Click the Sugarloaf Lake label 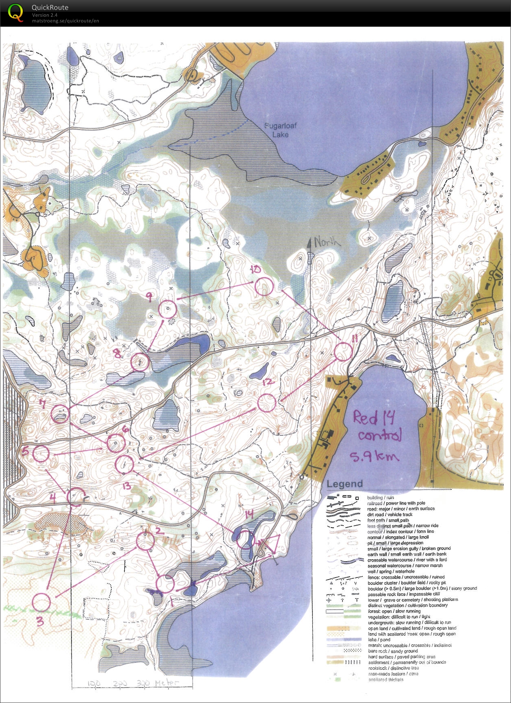pos(280,130)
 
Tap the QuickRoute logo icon pos(15,13)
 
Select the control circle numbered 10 pos(264,286)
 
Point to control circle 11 pos(343,352)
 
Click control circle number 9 pos(167,309)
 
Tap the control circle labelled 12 pos(267,403)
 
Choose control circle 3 pos(41,602)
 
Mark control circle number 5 pos(41,454)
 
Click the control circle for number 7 pos(60,414)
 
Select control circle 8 pos(140,361)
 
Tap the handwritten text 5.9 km pos(374,456)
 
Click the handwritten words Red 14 pos(374,417)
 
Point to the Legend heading pos(344,484)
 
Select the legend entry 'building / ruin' pos(380,498)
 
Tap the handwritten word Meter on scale pos(167,683)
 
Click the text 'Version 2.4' pos(45,15)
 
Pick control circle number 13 pos(124,464)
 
